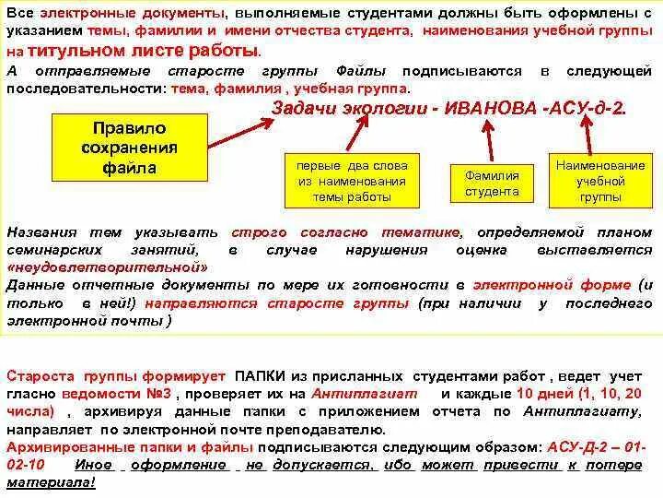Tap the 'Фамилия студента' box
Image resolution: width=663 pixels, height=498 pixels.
pos(492,184)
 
